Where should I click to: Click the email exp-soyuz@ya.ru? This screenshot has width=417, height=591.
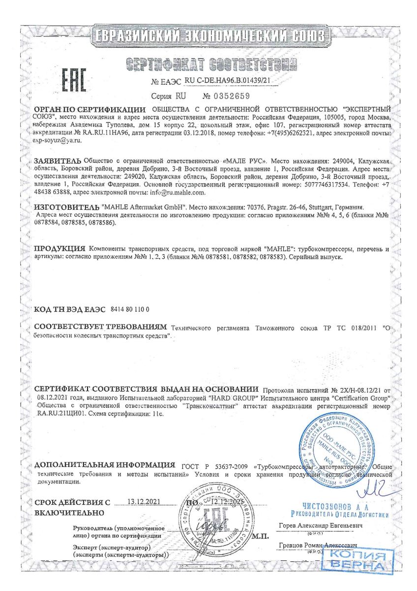(x=56, y=141)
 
